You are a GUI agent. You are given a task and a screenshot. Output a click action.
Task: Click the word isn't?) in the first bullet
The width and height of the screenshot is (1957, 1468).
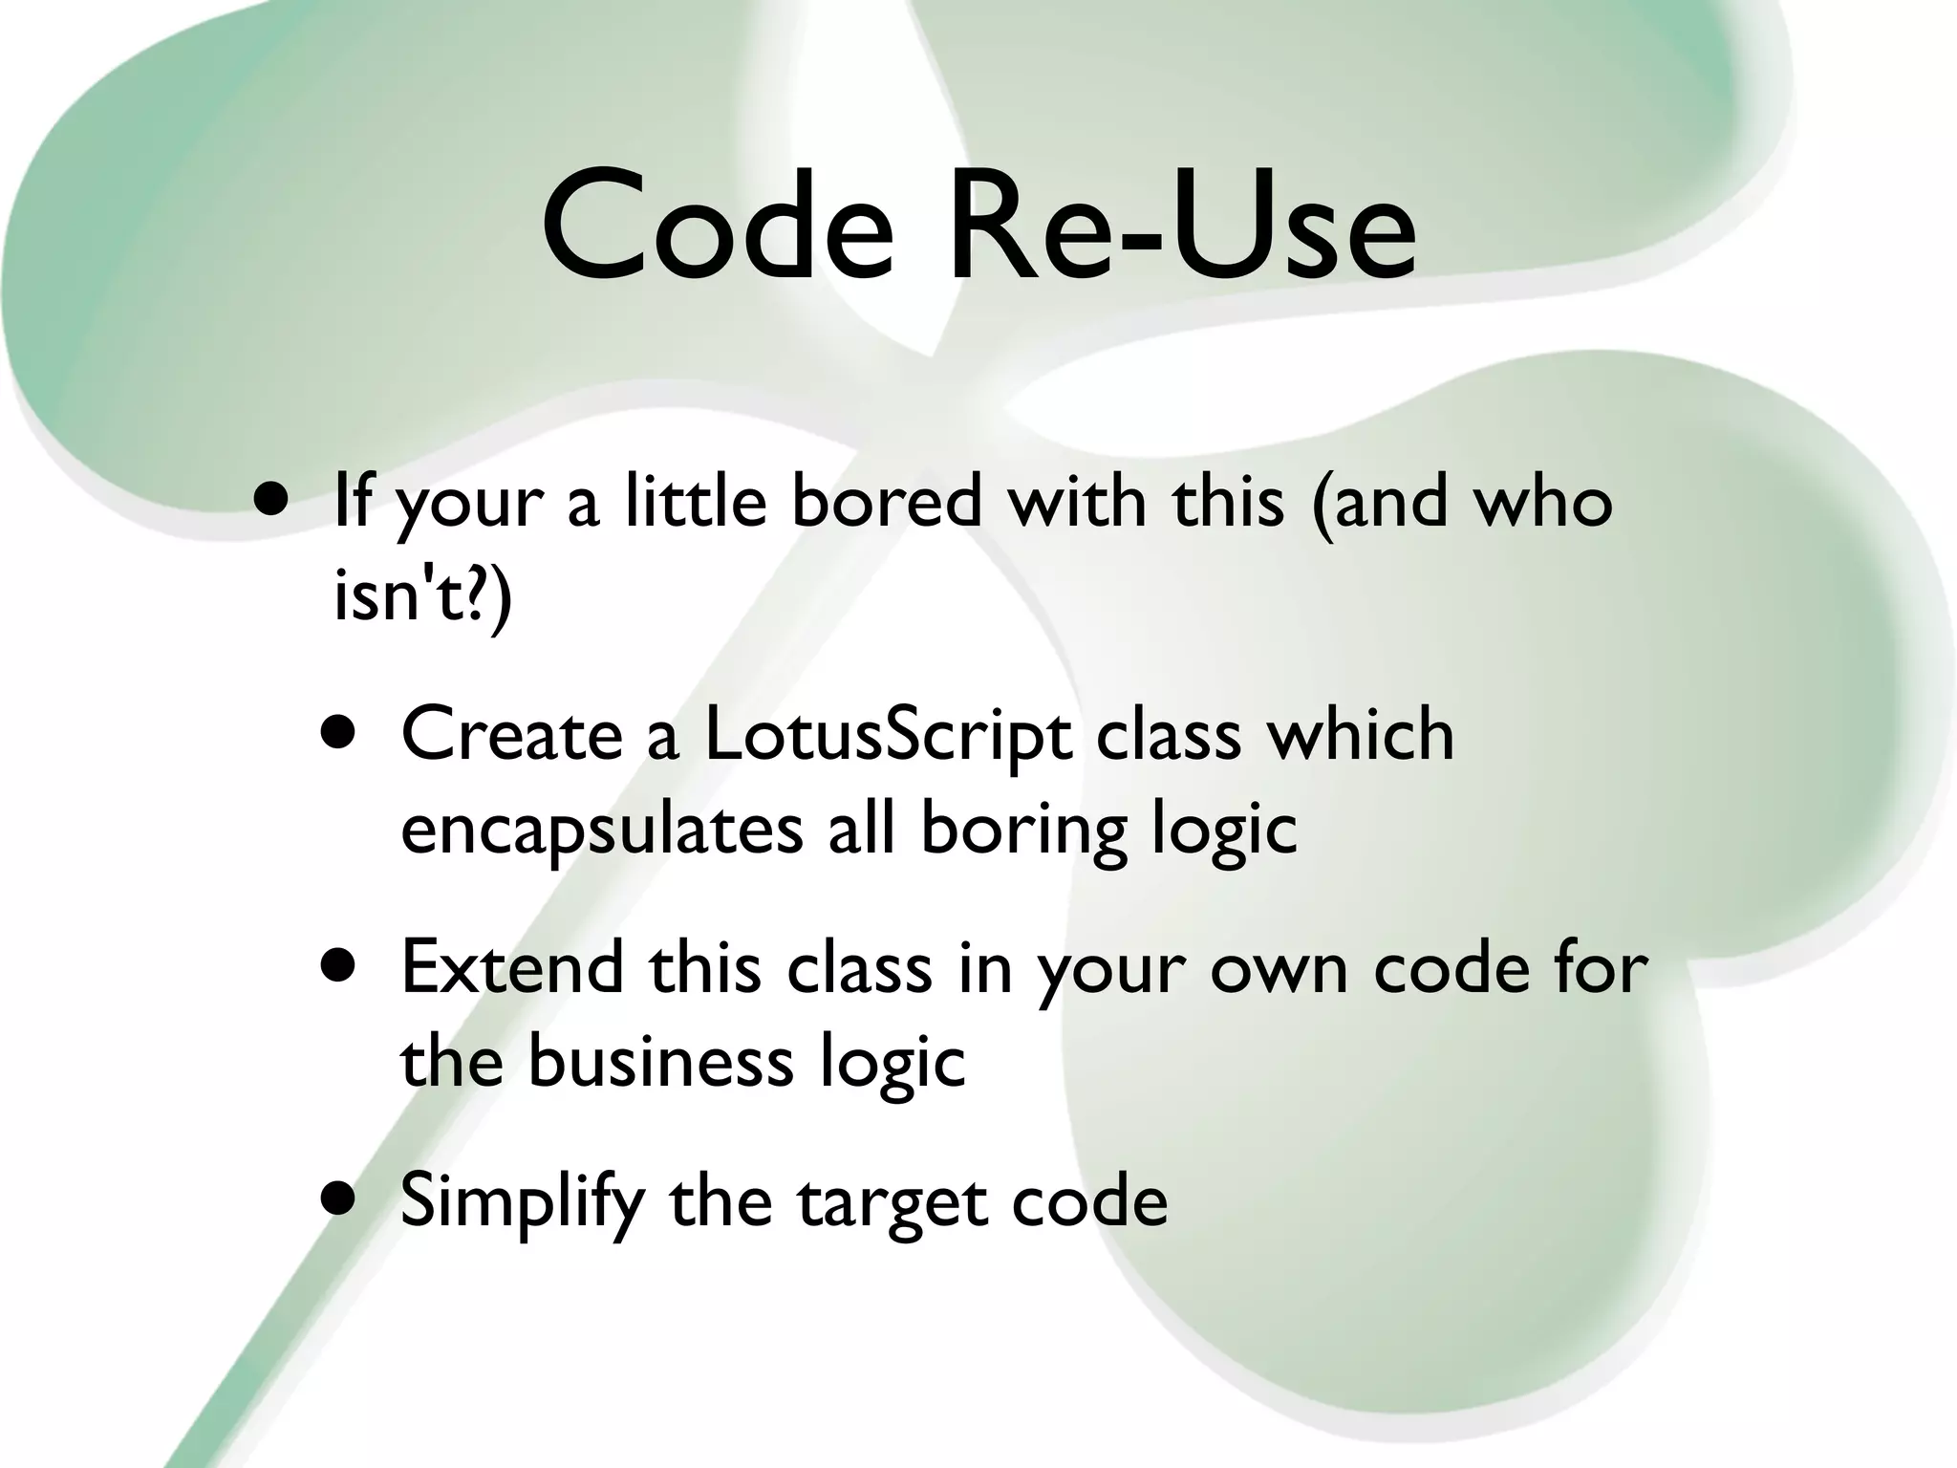[x=422, y=594]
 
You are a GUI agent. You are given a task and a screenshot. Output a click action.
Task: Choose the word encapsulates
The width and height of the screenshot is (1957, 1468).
[x=601, y=830]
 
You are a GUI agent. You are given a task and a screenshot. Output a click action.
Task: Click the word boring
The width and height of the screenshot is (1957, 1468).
[x=1023, y=830]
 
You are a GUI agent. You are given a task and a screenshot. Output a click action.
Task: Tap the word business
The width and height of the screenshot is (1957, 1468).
[x=660, y=1061]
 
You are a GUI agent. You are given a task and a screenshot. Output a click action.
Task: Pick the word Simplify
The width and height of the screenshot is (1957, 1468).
[x=521, y=1200]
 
